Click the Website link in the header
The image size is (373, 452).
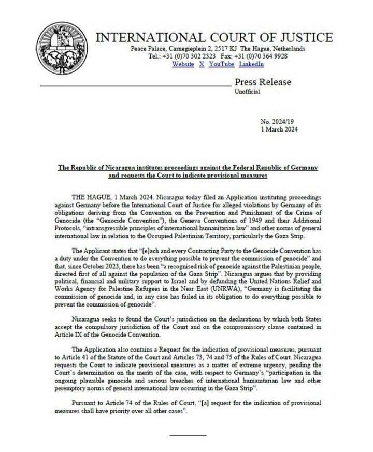[x=183, y=64]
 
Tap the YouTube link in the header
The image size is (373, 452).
[x=222, y=64]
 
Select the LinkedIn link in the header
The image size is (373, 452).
[x=251, y=64]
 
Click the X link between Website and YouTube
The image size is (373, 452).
[x=202, y=64]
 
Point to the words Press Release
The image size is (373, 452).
[x=263, y=82]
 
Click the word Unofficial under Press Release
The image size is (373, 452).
[x=248, y=92]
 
